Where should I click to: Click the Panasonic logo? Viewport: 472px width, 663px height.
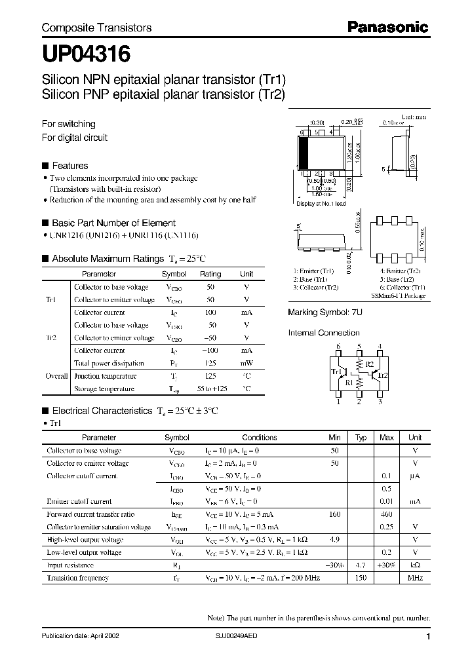click(x=387, y=27)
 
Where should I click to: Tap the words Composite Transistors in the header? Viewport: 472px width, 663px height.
click(x=96, y=28)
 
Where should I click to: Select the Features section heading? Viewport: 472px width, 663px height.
click(x=69, y=166)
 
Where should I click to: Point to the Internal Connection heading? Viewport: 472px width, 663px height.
click(x=324, y=333)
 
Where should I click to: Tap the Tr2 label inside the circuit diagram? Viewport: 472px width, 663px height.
click(x=383, y=375)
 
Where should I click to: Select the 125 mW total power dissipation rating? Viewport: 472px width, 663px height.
click(x=210, y=363)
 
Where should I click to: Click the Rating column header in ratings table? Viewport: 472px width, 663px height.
click(x=210, y=274)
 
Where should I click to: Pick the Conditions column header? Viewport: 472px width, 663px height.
click(x=260, y=438)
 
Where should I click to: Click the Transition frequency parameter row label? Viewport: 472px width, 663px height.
click(x=77, y=578)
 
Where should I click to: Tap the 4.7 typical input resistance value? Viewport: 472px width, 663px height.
click(x=361, y=565)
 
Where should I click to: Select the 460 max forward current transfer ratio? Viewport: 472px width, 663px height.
click(x=387, y=514)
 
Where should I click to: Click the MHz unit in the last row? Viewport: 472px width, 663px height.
click(x=414, y=578)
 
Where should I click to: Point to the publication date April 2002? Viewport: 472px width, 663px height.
click(x=80, y=636)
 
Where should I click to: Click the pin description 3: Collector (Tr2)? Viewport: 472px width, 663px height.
click(x=315, y=287)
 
